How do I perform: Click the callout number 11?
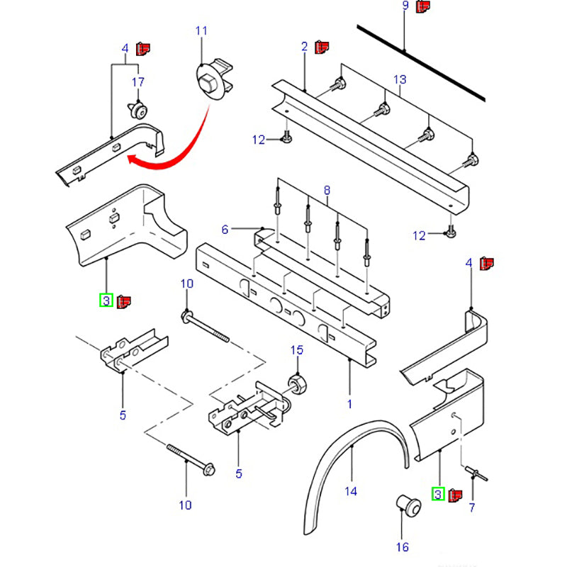[x=202, y=31]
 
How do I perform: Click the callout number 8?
[x=327, y=190]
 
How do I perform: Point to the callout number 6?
[x=225, y=229]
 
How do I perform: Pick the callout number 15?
[x=297, y=351]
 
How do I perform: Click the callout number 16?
[x=403, y=546]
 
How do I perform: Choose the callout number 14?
[x=350, y=491]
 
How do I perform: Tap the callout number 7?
[x=472, y=507]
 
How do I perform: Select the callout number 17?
[x=138, y=82]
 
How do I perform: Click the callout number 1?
[x=349, y=405]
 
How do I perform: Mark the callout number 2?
[x=304, y=47]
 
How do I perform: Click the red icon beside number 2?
[x=322, y=47]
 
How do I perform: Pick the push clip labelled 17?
[x=137, y=110]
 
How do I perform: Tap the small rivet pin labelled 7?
[x=474, y=472]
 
